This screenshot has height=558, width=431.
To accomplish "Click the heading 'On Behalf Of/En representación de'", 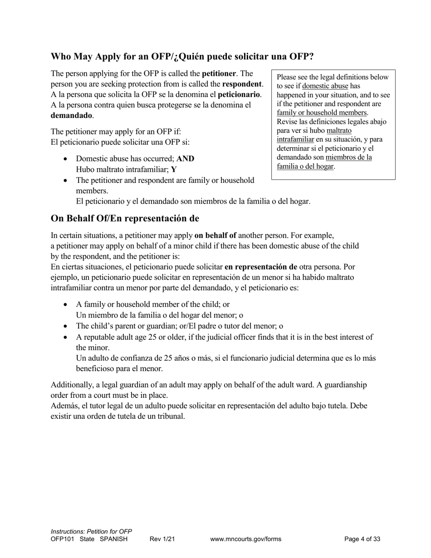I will [x=125, y=218].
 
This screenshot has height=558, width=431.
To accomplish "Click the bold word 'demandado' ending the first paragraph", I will [x=71, y=115].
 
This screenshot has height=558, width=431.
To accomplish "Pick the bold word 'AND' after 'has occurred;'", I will [x=185, y=159].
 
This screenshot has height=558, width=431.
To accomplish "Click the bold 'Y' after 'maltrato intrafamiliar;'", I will [x=174, y=169].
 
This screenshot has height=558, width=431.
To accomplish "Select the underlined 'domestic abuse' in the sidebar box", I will [x=325, y=86].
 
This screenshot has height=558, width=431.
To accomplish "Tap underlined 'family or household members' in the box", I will [x=322, y=113].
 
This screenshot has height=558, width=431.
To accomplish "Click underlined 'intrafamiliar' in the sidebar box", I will [x=295, y=139].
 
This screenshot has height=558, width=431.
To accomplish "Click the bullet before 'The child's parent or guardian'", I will [x=66, y=326].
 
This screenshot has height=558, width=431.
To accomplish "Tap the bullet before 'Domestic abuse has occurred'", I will [x=66, y=159].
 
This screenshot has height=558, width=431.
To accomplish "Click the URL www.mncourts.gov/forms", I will [x=245, y=539].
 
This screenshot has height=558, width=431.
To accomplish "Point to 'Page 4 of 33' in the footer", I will [x=362, y=539].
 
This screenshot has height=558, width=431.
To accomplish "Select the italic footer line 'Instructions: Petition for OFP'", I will [x=91, y=531].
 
